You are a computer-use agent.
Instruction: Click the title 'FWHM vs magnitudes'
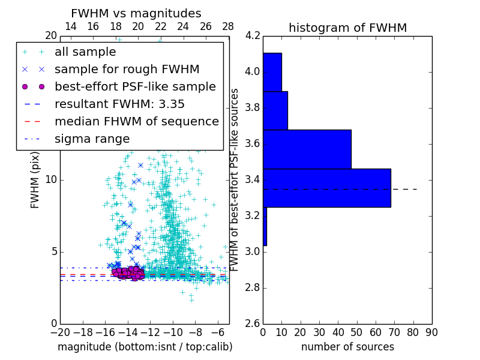point(136,14)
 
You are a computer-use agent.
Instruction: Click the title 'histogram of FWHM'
point(347,28)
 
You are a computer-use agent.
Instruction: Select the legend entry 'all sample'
point(85,52)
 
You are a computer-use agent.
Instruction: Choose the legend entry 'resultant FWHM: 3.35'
point(119,104)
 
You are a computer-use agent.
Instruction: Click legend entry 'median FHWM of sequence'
point(136,121)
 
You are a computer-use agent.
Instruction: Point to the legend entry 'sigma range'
point(92,139)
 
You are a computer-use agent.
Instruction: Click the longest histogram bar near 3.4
point(326,188)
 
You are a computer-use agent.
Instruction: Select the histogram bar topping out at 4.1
point(272,72)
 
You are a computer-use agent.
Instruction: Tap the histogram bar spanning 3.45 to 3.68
point(307,149)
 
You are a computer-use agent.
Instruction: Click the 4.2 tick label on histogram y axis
point(252,36)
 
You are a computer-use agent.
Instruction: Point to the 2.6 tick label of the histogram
point(252,324)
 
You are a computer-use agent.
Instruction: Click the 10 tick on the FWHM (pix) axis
point(51,180)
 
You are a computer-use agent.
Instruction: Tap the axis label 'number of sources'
point(347,347)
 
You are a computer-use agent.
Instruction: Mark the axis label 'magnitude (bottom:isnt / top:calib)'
point(145,347)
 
